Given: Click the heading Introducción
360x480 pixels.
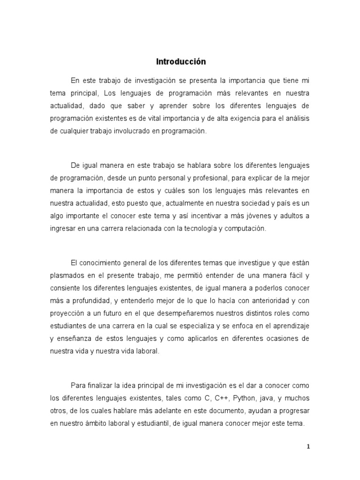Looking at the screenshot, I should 180,61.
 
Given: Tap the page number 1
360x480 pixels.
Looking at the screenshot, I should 308,447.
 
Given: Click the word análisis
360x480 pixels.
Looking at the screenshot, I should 295,119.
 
